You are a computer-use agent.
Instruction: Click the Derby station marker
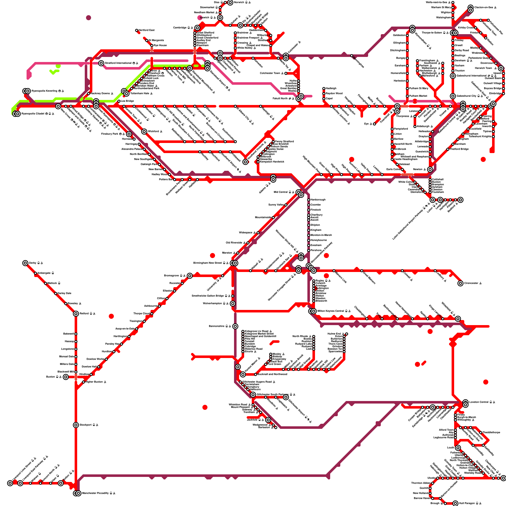click(x=25, y=263)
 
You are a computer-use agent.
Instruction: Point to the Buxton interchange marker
click(x=65, y=377)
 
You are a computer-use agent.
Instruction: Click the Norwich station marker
click(x=230, y=3)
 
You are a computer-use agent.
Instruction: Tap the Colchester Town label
click(x=270, y=73)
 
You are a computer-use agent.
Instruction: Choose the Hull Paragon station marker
click(x=455, y=503)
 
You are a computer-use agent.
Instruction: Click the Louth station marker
click(x=458, y=448)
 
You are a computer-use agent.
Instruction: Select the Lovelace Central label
click(x=479, y=402)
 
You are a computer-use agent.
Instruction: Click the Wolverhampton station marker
click(x=233, y=304)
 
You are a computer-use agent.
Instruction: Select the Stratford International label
click(x=119, y=63)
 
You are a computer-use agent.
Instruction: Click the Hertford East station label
click(x=146, y=30)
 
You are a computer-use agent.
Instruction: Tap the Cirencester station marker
click(x=460, y=283)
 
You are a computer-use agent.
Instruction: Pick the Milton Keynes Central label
click(x=330, y=311)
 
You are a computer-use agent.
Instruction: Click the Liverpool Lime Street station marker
click(x=10, y=483)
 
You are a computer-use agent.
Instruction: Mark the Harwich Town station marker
click(x=501, y=68)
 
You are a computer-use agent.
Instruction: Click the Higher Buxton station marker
click(x=83, y=382)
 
